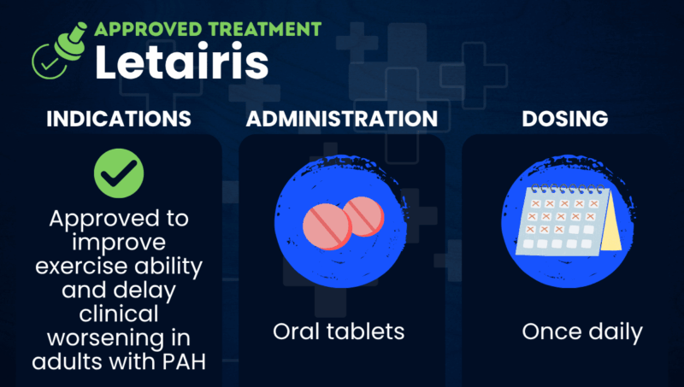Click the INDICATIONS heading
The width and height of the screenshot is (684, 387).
point(118,120)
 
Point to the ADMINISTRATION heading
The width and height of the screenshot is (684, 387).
point(342,120)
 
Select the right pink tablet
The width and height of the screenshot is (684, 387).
point(363,215)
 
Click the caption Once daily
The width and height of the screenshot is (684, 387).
point(583,331)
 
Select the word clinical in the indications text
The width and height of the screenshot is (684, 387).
point(120,314)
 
